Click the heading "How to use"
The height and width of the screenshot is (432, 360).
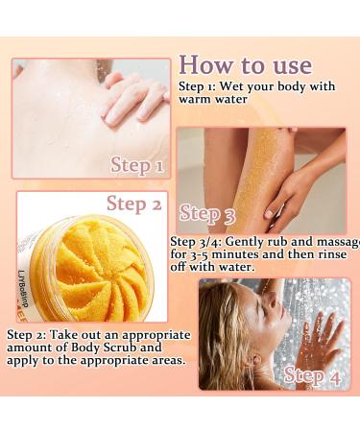pyautogui.click(x=245, y=64)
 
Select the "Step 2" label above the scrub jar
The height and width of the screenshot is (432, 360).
pyautogui.click(x=133, y=203)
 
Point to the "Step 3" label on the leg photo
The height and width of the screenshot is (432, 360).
pyautogui.click(x=206, y=213)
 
